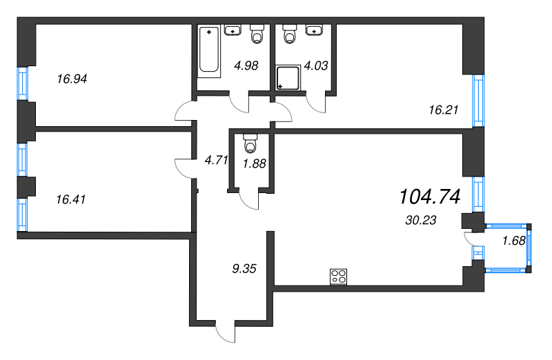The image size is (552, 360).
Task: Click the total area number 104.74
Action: point(430,197)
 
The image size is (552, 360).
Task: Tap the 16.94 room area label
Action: point(72,79)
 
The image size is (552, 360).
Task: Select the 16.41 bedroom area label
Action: point(71,199)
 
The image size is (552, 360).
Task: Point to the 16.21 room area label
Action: point(444,110)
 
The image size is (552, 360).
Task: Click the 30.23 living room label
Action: point(421,220)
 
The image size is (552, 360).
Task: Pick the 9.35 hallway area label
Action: point(244,269)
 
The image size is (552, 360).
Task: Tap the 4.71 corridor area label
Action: point(217,160)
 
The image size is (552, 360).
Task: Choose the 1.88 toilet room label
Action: point(255,163)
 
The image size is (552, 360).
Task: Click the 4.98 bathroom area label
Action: point(246,66)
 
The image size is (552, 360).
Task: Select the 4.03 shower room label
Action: point(316,66)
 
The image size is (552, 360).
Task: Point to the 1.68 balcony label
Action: point(514,241)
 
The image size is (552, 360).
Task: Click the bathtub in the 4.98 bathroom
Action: point(209,51)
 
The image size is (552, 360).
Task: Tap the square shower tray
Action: point(288,77)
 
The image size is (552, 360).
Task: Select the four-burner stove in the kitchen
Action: point(338,277)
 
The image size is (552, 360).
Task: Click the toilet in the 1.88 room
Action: point(250,143)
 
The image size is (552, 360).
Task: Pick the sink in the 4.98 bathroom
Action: point(233,30)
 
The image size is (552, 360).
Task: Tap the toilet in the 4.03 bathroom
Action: point(290,34)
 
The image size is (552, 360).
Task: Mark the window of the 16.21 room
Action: point(478,101)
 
